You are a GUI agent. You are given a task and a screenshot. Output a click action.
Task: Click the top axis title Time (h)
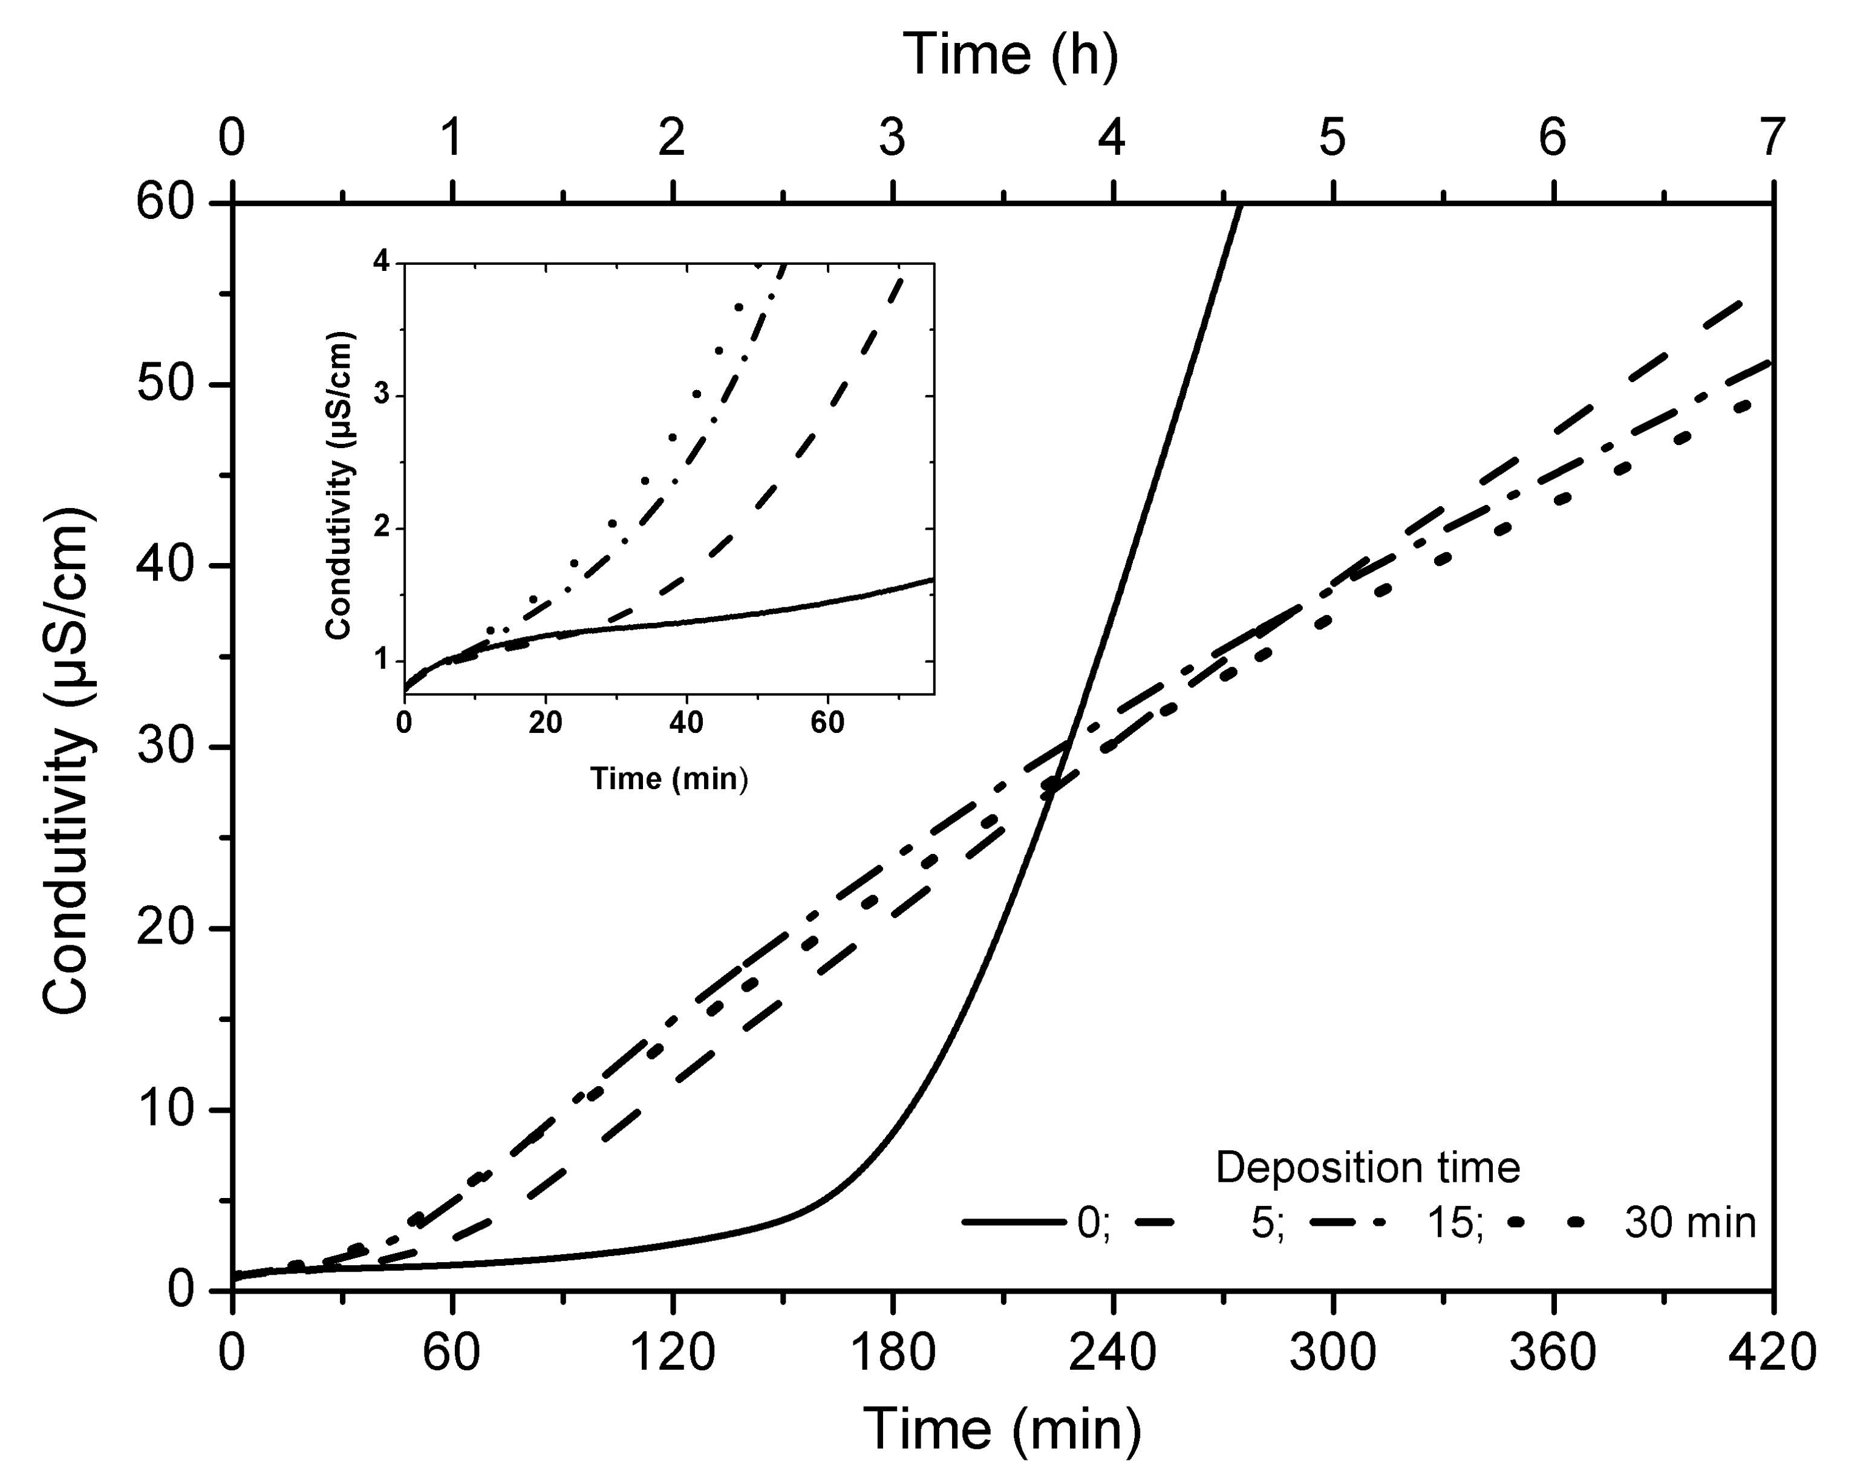(1010, 56)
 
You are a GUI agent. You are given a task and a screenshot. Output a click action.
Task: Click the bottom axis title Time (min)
(1002, 1428)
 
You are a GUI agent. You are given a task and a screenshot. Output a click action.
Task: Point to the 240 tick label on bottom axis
(1112, 1352)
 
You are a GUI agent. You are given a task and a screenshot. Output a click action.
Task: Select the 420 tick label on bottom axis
(1771, 1352)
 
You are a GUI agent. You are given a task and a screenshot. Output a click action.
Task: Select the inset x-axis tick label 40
(686, 723)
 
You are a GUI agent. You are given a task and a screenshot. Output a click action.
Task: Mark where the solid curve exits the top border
(1241, 205)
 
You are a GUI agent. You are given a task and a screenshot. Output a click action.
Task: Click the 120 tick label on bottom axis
(673, 1352)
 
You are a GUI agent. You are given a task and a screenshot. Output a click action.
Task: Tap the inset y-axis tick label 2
(382, 529)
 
